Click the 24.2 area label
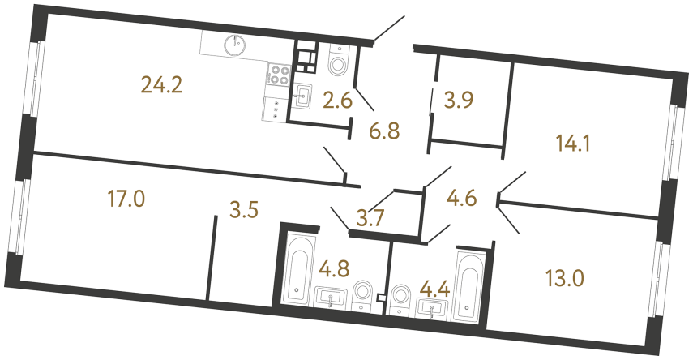click(161, 84)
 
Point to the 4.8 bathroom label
click(335, 267)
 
